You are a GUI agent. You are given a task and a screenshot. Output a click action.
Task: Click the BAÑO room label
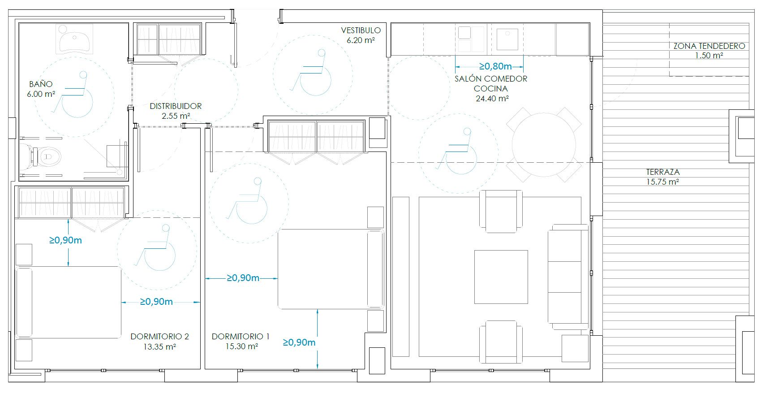point(41,84)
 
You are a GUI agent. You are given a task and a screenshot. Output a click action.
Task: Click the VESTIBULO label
point(361,30)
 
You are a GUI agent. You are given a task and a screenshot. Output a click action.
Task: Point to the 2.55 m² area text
point(176,116)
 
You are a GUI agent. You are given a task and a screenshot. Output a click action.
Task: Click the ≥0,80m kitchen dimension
point(495,67)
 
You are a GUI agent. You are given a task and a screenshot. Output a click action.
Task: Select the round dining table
point(543,145)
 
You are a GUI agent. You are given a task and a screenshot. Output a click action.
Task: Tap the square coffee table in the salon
point(501,277)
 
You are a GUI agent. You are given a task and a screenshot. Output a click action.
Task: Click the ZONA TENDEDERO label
point(709,46)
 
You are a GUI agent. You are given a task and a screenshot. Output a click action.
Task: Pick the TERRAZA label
point(662,172)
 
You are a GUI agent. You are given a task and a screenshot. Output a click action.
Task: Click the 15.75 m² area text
point(662,182)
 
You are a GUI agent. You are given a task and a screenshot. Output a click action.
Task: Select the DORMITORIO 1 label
point(241,337)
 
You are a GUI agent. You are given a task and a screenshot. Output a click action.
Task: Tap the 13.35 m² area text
point(159,346)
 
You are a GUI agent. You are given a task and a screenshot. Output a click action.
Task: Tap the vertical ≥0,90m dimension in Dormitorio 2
point(66,241)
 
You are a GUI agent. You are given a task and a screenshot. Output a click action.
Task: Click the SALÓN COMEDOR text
point(490,79)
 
